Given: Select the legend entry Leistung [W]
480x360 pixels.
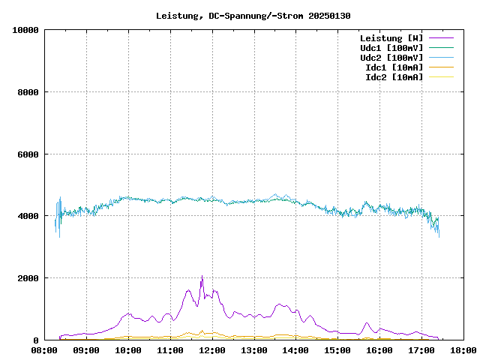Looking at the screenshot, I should (x=391, y=37).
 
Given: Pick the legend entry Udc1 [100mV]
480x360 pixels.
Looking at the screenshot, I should (x=391, y=47).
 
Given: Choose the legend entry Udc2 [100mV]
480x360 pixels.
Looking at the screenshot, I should (x=391, y=57).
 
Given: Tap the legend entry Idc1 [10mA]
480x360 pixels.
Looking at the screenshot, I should (x=394, y=67).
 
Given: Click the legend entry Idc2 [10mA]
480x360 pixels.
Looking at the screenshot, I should (x=394, y=76).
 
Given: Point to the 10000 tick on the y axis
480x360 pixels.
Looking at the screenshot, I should (x=25, y=30).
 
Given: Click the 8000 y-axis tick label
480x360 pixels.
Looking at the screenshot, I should (x=28, y=92).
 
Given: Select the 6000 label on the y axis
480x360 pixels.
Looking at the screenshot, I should (x=28, y=154).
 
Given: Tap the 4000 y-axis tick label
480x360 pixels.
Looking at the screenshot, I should (x=28, y=216).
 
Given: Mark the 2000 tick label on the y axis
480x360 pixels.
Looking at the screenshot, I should (x=28, y=278).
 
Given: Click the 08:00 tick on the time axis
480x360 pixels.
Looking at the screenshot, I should (x=45, y=350).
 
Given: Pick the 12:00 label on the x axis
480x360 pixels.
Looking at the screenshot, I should (x=212, y=350).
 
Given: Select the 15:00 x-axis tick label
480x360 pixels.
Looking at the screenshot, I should (x=337, y=350).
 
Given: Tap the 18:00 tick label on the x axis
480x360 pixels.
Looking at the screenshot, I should (x=463, y=350).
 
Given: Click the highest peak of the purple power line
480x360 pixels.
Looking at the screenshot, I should (x=202, y=277).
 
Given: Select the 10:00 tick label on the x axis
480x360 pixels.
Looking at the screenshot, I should (x=128, y=350).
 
